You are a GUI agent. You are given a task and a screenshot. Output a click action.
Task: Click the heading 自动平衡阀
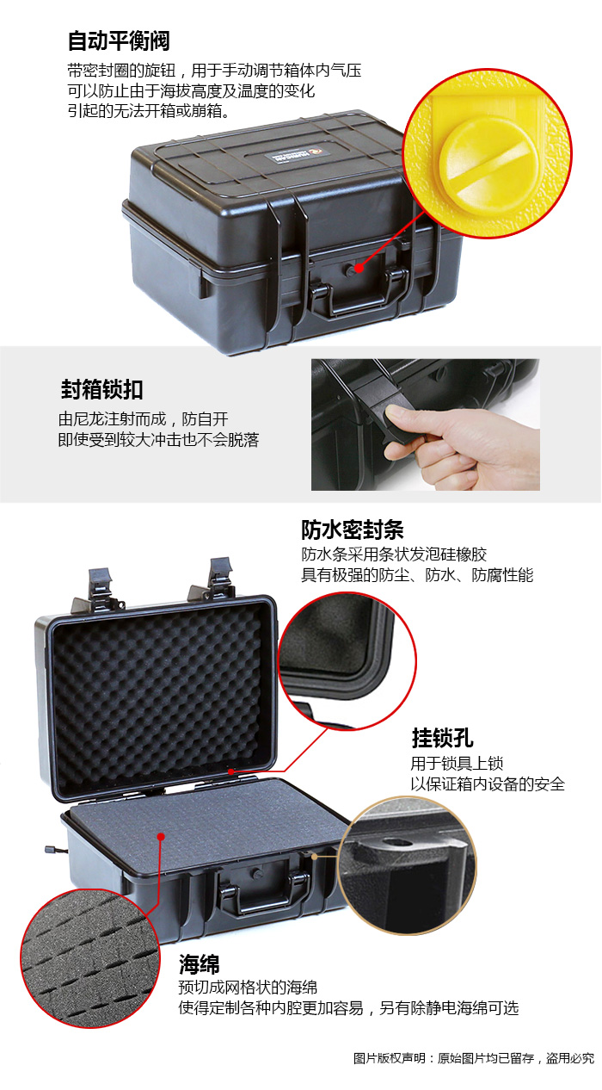click(x=119, y=40)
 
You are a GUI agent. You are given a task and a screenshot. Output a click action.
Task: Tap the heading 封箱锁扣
click(x=101, y=389)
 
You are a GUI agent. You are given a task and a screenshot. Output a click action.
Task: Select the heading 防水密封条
click(x=353, y=530)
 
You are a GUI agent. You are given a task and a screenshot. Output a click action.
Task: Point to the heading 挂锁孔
click(x=442, y=738)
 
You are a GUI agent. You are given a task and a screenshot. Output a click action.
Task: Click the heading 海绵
click(x=200, y=963)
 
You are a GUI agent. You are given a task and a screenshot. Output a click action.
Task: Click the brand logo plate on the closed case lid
click(x=298, y=156)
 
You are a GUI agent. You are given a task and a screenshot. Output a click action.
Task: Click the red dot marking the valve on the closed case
click(x=359, y=268)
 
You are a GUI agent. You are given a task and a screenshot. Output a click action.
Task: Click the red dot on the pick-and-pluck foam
click(x=162, y=836)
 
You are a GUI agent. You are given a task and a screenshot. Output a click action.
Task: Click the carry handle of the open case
click(x=265, y=894)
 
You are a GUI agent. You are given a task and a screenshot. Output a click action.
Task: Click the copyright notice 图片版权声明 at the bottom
click(x=390, y=1058)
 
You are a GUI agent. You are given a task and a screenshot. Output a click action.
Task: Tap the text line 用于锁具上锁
click(x=457, y=763)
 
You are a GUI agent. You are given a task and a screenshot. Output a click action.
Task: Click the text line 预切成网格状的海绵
click(x=248, y=988)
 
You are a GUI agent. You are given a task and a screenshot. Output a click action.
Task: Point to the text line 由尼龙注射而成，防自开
click(x=144, y=418)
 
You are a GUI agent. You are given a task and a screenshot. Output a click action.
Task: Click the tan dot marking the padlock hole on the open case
click(x=315, y=856)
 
